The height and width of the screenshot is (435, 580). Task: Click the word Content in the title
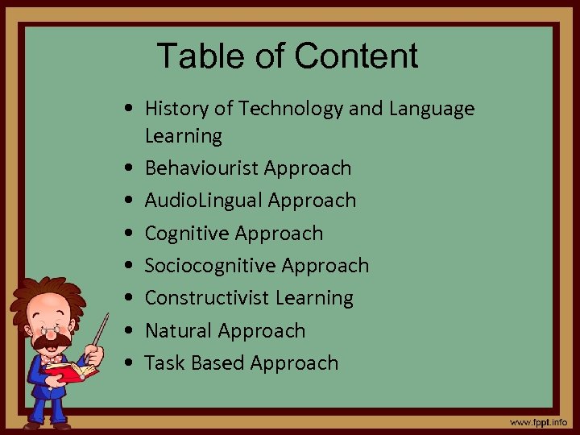(356, 56)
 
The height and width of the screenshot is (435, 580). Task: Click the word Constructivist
(207, 298)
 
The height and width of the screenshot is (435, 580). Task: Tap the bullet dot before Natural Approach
(129, 331)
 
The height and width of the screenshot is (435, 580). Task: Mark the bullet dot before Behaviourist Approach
(129, 169)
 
